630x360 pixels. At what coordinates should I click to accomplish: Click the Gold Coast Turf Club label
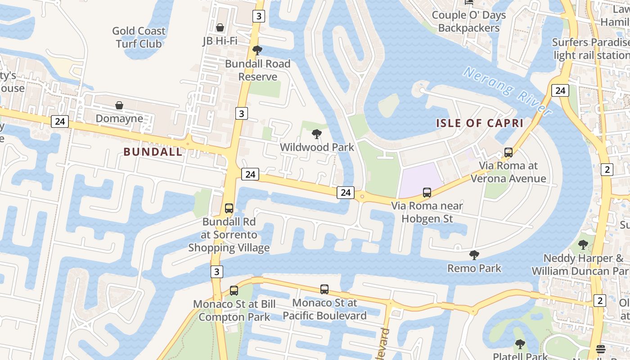coord(139,37)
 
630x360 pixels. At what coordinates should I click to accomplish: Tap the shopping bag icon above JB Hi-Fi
coord(220,28)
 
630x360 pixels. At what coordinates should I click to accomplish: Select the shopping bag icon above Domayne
coord(119,105)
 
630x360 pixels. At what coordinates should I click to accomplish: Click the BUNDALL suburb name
coord(153,152)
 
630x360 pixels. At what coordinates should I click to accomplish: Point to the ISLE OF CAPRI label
coord(480,123)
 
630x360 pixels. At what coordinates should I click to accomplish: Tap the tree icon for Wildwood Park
coord(317,134)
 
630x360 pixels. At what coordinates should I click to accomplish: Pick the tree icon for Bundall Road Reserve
coord(257,50)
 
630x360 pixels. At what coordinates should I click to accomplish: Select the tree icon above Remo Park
coord(474,255)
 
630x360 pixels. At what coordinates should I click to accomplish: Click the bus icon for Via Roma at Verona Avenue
coord(508,153)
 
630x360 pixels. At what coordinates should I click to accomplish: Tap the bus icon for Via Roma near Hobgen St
coord(427,193)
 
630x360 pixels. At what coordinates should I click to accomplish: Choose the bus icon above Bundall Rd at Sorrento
coord(229,208)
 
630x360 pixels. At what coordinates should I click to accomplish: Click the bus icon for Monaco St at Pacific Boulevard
coord(324,289)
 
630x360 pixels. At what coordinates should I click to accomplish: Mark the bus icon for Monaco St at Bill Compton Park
coord(234,291)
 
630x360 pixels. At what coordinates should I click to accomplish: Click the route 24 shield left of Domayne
coord(60,121)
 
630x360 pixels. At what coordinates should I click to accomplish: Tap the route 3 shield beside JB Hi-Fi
coord(258,16)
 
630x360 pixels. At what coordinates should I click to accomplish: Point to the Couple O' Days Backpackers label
coord(469,21)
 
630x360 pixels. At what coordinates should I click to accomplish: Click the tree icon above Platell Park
coord(520,344)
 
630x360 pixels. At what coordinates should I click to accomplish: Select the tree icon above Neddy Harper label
coord(583,245)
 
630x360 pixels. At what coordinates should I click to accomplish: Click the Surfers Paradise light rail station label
coord(591,49)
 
